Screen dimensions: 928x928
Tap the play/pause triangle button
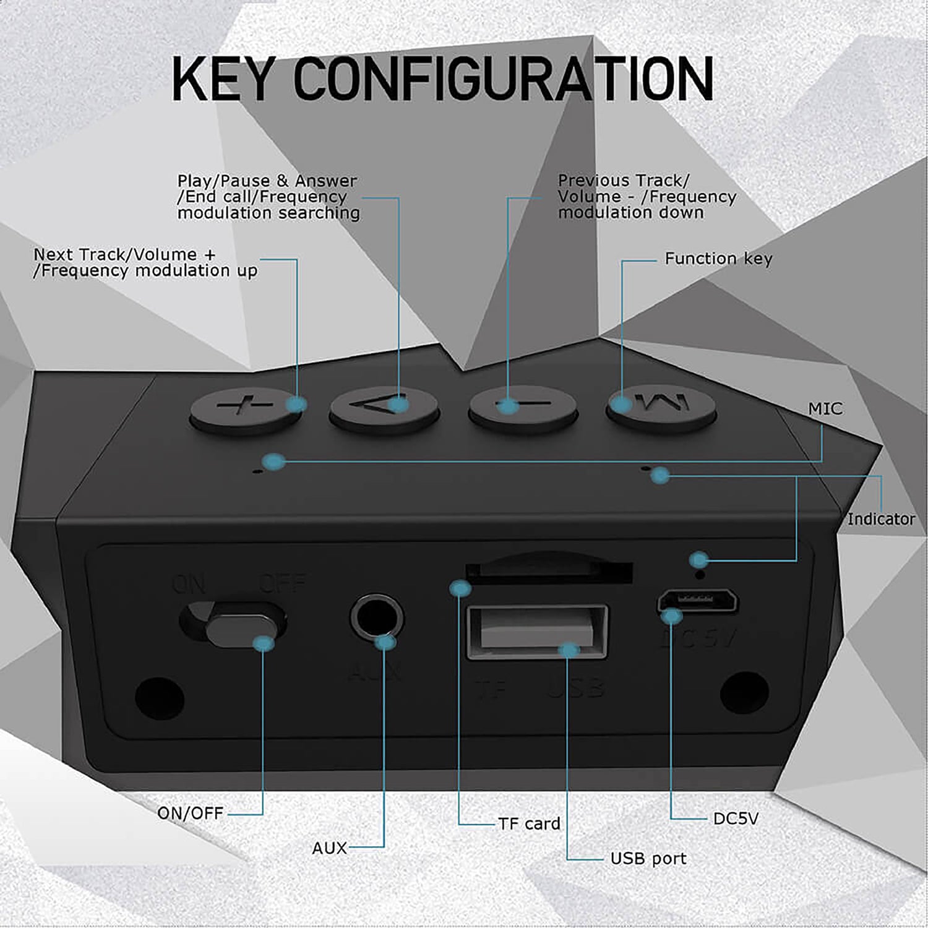[384, 407]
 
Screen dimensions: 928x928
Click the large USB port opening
[537, 630]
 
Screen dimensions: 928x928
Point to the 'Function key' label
[718, 259]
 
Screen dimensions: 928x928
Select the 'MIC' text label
[825, 409]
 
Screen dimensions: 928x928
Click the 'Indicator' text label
[880, 519]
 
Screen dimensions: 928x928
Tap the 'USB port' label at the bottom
[648, 859]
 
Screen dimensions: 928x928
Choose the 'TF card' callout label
[529, 824]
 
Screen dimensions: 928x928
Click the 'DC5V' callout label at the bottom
[736, 818]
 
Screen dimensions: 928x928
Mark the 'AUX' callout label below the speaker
[329, 848]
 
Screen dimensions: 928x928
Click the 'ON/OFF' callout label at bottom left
[190, 813]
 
